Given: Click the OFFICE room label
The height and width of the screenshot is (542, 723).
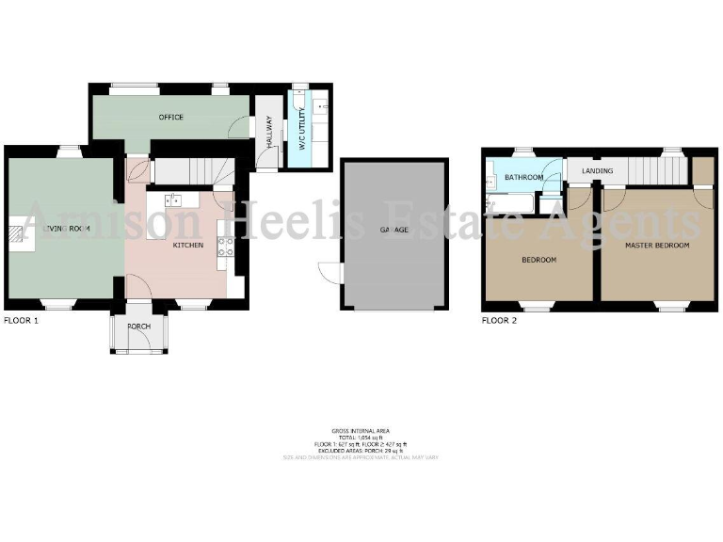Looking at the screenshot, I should pos(170,118).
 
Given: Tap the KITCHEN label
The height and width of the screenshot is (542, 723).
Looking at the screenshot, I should pos(188,246).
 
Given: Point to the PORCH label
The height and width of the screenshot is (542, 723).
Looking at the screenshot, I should pos(138,327).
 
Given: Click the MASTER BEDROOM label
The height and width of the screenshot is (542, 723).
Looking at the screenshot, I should pos(657,246).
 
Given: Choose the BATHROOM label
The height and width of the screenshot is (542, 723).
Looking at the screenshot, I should pos(523,177).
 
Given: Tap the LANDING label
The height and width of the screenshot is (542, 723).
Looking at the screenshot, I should pos(597,171).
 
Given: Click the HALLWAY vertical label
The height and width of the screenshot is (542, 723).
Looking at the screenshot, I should pos(268,129).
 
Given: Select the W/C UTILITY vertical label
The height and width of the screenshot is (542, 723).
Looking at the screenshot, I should pos(302,133).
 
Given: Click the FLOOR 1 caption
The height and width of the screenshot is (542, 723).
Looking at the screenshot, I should pos(21,321).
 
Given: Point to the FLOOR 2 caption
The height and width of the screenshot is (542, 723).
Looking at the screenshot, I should pos(500,321).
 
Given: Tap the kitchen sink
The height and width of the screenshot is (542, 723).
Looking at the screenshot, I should pos(173,199).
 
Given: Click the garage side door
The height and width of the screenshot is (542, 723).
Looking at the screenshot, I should pos(328,273).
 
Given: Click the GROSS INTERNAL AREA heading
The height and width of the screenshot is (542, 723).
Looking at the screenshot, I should pos(361,428).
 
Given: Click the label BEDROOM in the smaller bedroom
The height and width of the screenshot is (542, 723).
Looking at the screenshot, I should pos(538,260).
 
